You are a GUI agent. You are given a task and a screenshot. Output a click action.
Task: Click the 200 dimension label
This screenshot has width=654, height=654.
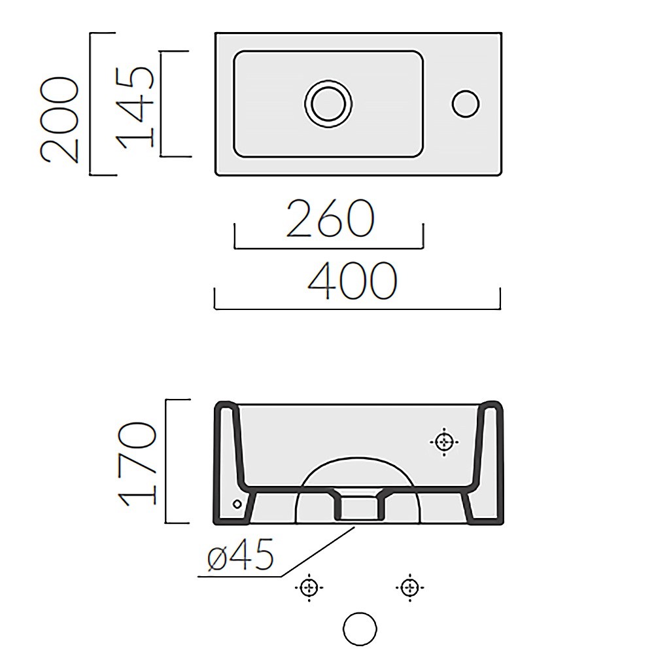click(59, 120)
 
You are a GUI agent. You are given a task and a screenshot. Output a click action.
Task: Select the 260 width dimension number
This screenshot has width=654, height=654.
click(330, 218)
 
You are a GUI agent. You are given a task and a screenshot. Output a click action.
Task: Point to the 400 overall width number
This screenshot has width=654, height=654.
click(353, 281)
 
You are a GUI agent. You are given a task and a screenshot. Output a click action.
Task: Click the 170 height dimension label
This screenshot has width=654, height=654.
click(137, 464)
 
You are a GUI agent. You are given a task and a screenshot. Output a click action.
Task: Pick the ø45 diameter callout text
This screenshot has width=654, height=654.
click(240, 554)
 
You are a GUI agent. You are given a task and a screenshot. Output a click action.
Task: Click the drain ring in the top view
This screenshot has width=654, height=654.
click(328, 103)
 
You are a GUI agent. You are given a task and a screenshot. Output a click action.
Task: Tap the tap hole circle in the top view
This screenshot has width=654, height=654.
click(466, 104)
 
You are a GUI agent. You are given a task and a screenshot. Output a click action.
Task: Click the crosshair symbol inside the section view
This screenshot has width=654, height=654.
click(444, 441)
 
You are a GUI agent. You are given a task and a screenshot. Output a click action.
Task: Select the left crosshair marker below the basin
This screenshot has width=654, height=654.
click(309, 587)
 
